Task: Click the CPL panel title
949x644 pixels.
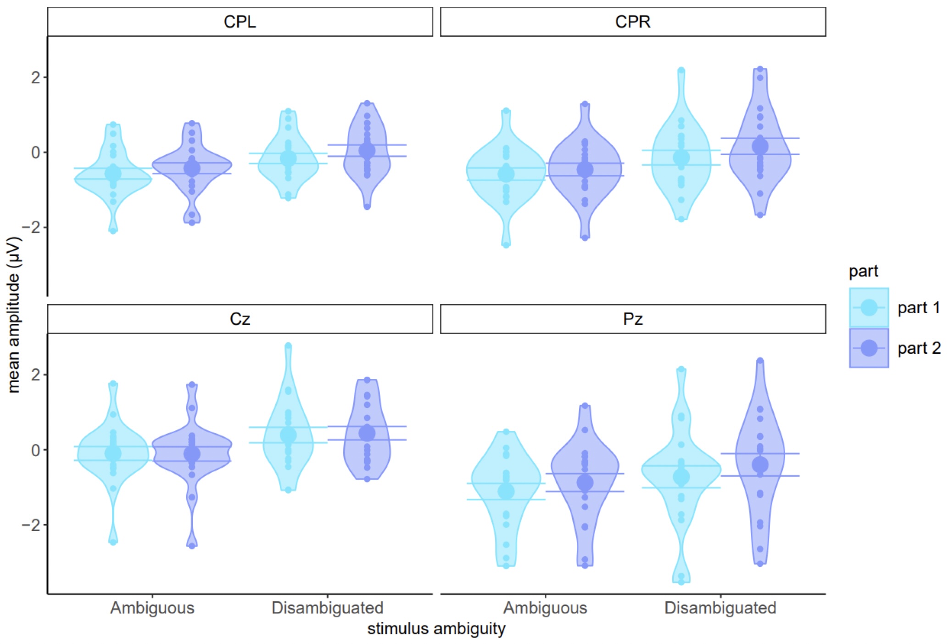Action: coord(240,22)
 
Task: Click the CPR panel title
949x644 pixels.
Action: coord(632,22)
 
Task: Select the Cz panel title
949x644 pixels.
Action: coord(240,319)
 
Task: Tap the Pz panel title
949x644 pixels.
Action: coord(632,319)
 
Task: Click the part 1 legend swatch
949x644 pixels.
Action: coord(869,307)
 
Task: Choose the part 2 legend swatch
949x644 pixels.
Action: coord(869,348)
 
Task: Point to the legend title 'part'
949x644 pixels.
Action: coord(863,271)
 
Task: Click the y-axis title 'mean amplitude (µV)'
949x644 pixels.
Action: coord(14,315)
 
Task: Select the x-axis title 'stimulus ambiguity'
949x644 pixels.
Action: coord(436,628)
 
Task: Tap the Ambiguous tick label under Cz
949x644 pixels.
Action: coord(152,608)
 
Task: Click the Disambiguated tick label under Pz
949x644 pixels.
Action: coord(720,608)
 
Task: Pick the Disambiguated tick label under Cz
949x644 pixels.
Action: coord(327,608)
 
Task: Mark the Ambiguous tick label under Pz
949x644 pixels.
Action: coord(545,608)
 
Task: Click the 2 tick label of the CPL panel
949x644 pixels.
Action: coord(36,77)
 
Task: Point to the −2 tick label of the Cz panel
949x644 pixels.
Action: coord(32,525)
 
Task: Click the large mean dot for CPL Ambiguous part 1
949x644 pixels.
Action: coord(113,174)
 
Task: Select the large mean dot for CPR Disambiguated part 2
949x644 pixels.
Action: coord(760,147)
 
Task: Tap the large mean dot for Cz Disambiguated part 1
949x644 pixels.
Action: coord(288,435)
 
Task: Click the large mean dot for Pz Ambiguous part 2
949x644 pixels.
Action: coord(585,482)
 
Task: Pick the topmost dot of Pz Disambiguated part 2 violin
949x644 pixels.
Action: coord(760,361)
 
